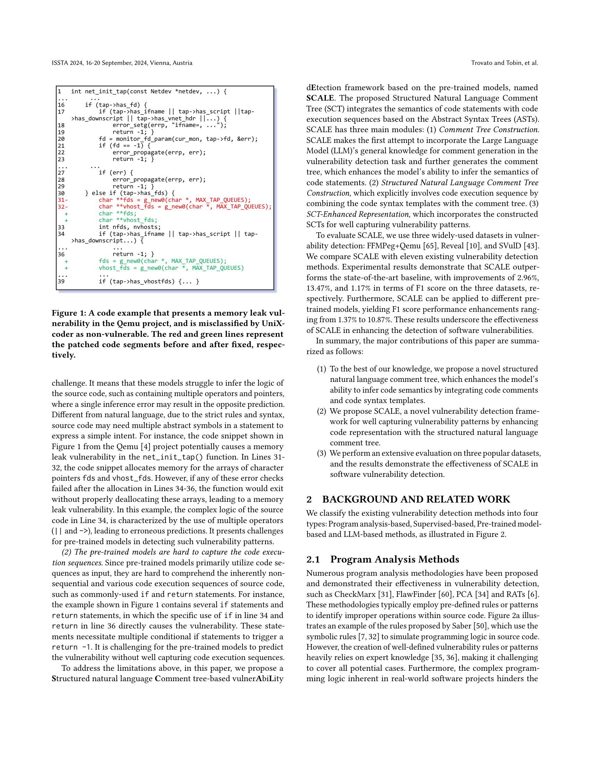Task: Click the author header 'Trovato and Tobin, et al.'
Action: click(504, 63)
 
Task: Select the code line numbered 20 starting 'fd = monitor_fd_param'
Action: click(178, 139)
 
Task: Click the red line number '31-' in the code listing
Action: click(62, 200)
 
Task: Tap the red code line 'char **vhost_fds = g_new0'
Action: click(185, 206)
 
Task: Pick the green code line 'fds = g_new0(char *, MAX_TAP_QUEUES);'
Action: click(162, 261)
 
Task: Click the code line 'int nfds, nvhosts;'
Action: click(130, 227)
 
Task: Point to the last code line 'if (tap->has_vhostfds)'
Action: click(149, 282)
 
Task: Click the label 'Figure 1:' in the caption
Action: click(68, 313)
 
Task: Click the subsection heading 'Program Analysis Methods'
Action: click(395, 559)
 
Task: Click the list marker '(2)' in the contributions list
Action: click(321, 411)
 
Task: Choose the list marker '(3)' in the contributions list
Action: click(321, 454)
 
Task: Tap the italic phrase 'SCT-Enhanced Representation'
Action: click(357, 214)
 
